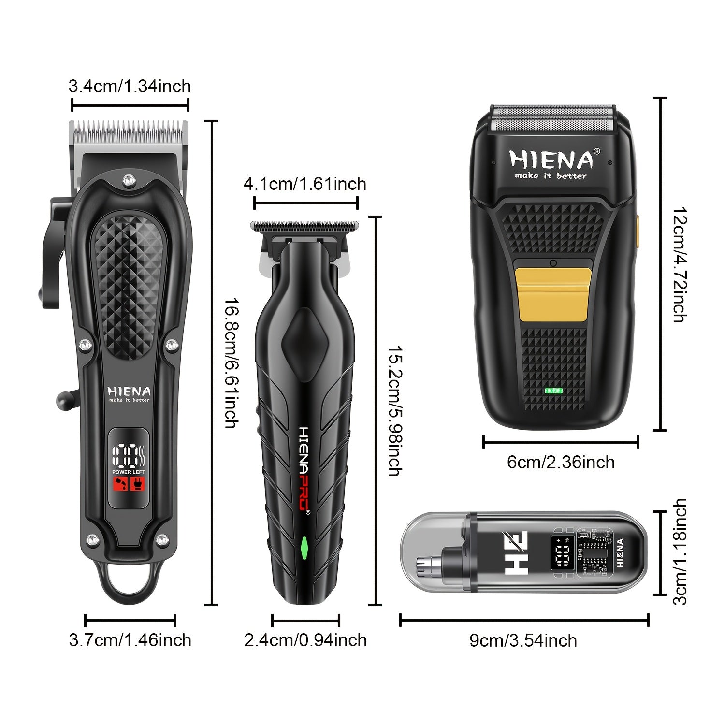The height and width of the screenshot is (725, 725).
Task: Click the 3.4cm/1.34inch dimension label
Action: tap(130, 87)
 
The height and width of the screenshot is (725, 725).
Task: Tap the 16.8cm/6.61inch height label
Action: tap(232, 362)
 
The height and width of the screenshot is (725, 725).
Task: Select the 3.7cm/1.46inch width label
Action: tap(130, 640)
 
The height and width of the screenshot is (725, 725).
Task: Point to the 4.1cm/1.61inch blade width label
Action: tap(305, 184)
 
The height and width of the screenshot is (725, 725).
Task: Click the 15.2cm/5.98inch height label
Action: tap(395, 410)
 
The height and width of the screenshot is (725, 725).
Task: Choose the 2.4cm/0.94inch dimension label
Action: tap(305, 640)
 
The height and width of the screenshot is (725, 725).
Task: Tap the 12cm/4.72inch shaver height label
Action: tap(680, 264)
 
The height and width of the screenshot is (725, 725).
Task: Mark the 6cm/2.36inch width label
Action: tap(561, 462)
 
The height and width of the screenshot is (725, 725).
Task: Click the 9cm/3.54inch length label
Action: tap(523, 640)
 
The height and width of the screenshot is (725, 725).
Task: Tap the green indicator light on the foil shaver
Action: tap(553, 391)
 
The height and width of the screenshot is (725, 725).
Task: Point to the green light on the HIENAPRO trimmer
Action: tap(304, 547)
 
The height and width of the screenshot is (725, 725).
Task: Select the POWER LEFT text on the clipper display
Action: tap(129, 472)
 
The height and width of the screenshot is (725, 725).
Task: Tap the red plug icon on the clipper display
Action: tap(138, 484)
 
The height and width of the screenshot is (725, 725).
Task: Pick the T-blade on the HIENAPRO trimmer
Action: tap(304, 226)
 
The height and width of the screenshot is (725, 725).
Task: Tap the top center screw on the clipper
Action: tap(128, 181)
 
